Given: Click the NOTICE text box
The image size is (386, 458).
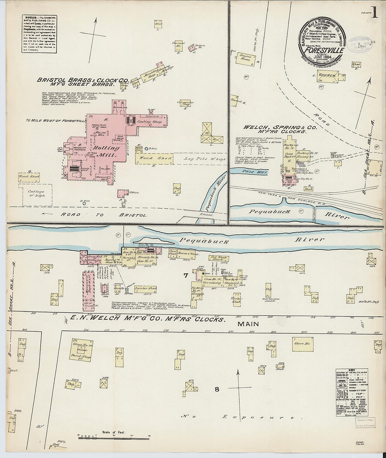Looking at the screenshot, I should (x=39, y=34).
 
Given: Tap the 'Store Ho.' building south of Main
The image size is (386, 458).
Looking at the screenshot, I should (x=302, y=344).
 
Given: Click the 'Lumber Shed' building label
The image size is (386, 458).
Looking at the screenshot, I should (x=146, y=288).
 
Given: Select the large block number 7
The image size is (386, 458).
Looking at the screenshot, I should (x=186, y=276).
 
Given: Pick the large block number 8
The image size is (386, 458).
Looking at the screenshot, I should (x=217, y=389).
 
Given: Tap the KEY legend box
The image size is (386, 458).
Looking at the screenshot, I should (x=352, y=392).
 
